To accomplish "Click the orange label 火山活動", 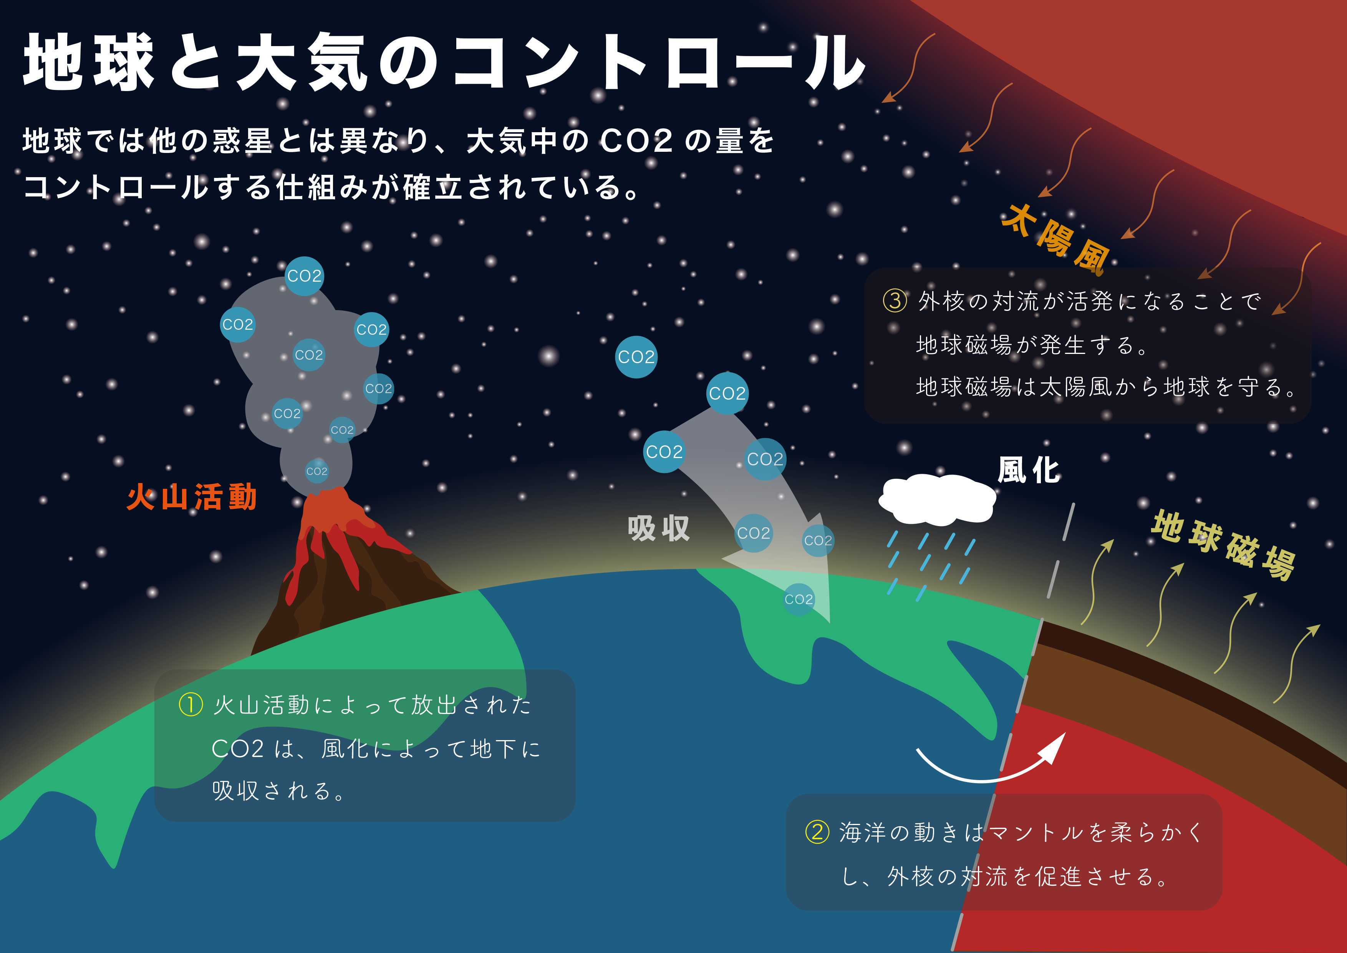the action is pos(192,497).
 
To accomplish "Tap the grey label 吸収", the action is pos(658,528).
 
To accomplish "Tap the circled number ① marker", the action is pos(191,705).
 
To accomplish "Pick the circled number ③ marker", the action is pos(895,301).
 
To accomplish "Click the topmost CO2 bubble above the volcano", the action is pos(305,276).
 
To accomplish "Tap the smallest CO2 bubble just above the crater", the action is pos(317,471).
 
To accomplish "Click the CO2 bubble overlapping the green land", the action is pos(799,599).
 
